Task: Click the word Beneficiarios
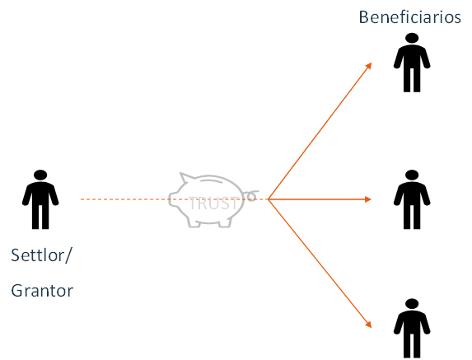click(409, 17)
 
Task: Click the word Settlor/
click(41, 255)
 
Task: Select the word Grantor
click(42, 291)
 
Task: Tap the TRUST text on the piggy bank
click(213, 203)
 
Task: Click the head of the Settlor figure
click(40, 175)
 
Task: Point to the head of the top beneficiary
click(412, 38)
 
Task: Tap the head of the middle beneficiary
click(412, 175)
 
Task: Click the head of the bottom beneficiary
click(412, 304)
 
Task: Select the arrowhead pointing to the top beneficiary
click(368, 66)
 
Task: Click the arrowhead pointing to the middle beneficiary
click(368, 199)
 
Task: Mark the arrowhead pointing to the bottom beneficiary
click(368, 325)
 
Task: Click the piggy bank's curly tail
click(252, 195)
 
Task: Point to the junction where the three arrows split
click(269, 199)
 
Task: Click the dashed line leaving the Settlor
click(174, 199)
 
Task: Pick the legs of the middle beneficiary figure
click(412, 217)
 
